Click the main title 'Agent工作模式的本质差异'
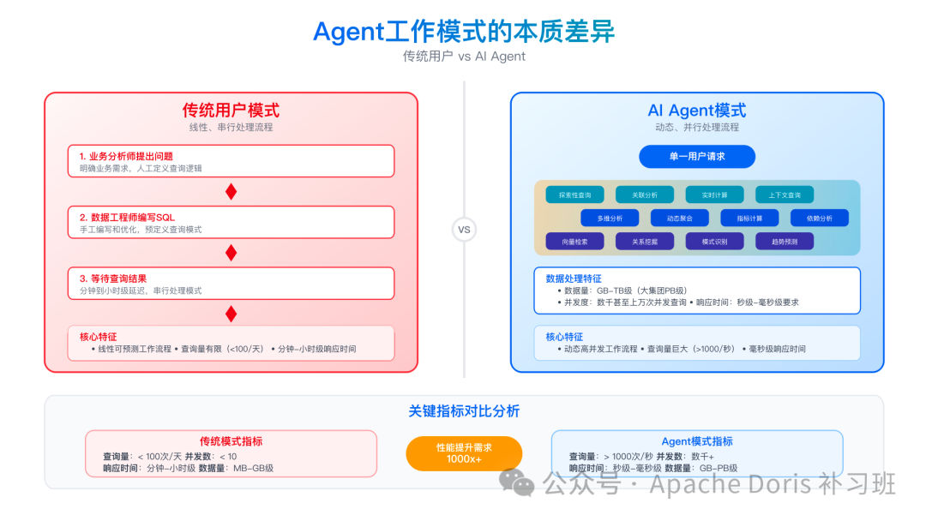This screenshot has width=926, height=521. click(x=464, y=32)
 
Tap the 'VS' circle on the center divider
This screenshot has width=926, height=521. click(x=464, y=230)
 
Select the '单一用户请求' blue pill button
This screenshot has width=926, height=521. click(x=697, y=157)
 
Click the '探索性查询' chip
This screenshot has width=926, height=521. click(x=574, y=195)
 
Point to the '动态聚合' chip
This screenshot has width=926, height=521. click(x=679, y=218)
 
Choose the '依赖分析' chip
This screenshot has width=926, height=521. click(x=820, y=218)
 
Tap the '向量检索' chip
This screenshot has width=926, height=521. click(x=574, y=242)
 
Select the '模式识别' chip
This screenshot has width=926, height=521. click(x=714, y=242)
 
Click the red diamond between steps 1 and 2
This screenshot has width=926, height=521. click(x=231, y=191)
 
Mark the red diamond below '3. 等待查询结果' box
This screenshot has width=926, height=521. click(x=231, y=314)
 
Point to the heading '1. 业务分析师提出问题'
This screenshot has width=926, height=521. click(x=126, y=156)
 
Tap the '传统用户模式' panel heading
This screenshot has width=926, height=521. click(x=231, y=111)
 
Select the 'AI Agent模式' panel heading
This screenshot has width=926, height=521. click(x=696, y=111)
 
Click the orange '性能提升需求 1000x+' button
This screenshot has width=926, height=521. click(x=464, y=453)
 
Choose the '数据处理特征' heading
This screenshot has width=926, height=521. click(x=574, y=278)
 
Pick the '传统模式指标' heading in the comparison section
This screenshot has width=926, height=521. click(x=231, y=441)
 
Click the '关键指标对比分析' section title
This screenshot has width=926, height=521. click(x=464, y=411)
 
